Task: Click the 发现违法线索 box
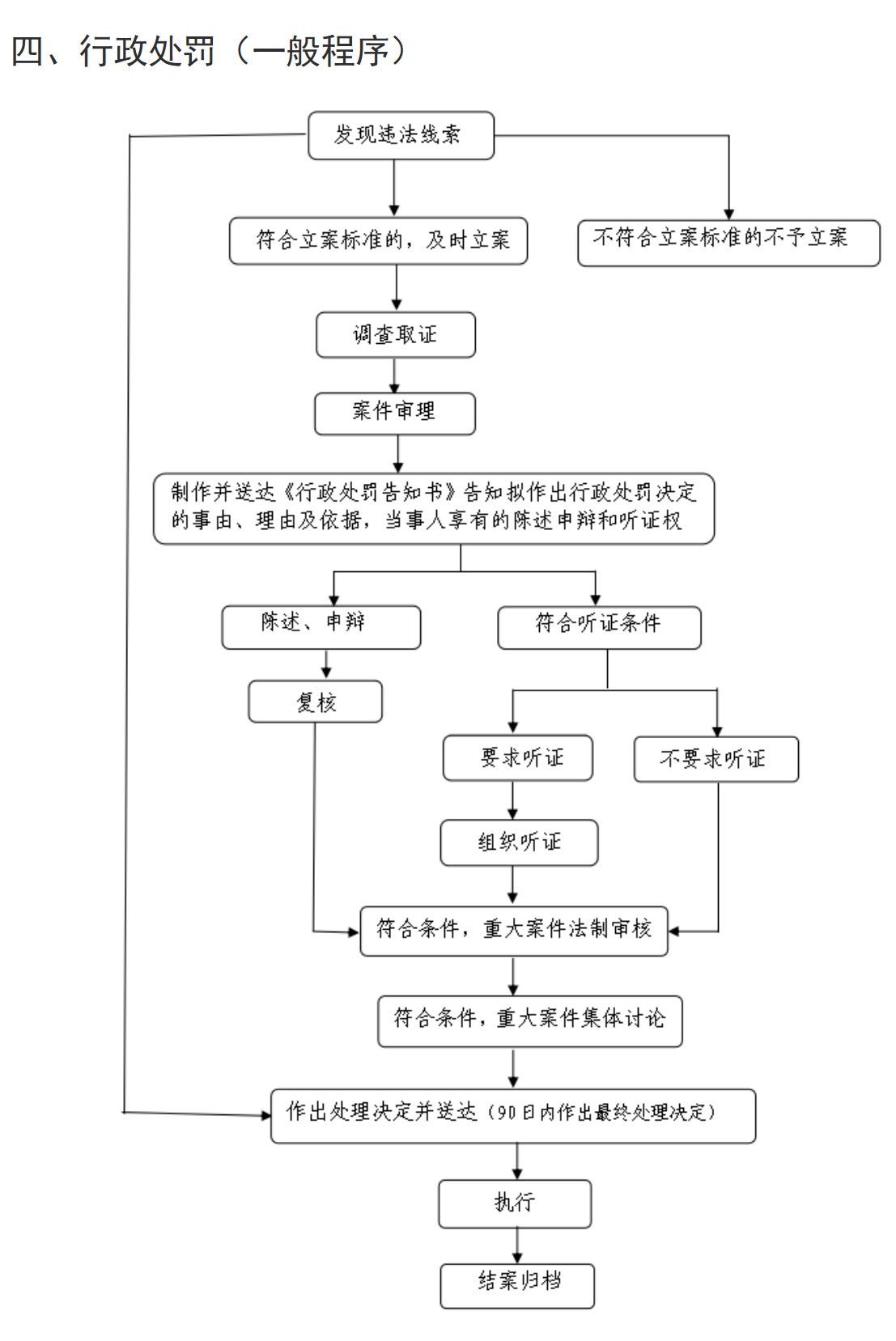coord(401,135)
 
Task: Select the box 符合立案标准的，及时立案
coord(378,240)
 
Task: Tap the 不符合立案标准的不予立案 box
coord(728,242)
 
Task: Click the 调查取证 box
coord(395,334)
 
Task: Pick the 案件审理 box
coord(394,414)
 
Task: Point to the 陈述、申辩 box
coord(321,626)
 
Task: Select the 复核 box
coord(315,701)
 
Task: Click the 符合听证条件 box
coord(599,627)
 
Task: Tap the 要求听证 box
coord(518,757)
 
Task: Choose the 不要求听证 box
coord(716,759)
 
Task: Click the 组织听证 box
coord(519,842)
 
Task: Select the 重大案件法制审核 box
coord(514,931)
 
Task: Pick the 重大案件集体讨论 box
coord(529,1021)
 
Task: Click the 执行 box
coord(515,1203)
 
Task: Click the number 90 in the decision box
coord(506,1114)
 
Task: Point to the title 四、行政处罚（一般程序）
coord(209,51)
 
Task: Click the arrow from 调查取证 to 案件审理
coord(394,376)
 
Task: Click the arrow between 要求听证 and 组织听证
coord(512,800)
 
